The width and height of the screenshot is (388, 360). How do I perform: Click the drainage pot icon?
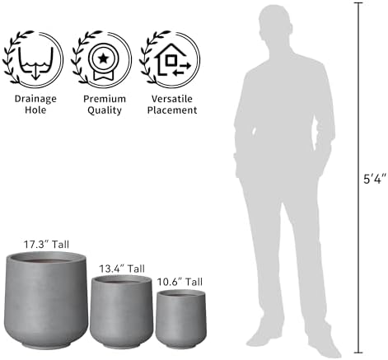click(x=35, y=63)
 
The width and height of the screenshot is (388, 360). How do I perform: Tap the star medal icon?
click(x=103, y=62)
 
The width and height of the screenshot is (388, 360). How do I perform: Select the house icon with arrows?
click(x=172, y=59)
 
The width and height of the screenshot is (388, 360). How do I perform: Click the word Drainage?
click(x=35, y=99)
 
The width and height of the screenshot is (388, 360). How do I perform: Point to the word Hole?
click(x=35, y=110)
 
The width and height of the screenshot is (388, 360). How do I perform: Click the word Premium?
click(x=105, y=99)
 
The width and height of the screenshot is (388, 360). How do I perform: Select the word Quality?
click(x=105, y=110)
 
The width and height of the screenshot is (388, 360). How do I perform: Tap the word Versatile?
click(x=172, y=99)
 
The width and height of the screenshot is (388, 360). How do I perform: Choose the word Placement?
click(x=172, y=110)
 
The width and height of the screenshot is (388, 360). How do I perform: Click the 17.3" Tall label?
click(x=46, y=245)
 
